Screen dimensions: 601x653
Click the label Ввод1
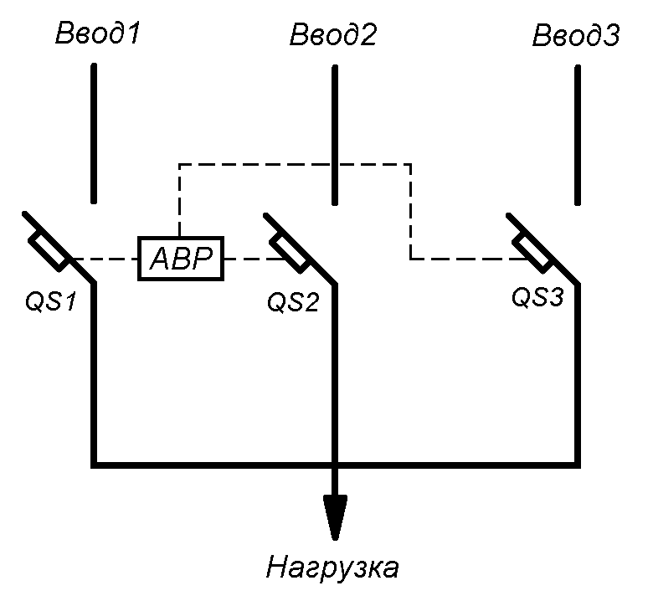98,35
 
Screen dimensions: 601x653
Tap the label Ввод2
333,35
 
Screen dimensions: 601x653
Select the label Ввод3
576,35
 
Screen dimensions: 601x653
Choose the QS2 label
293,301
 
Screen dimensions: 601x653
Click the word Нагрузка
332,568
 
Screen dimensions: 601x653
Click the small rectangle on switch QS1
49,252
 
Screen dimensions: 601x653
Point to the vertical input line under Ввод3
577,134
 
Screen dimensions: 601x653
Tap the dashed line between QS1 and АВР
102,259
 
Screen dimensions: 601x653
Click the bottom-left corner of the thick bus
94,463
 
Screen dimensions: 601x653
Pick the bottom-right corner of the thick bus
577,463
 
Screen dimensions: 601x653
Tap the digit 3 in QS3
557,297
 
